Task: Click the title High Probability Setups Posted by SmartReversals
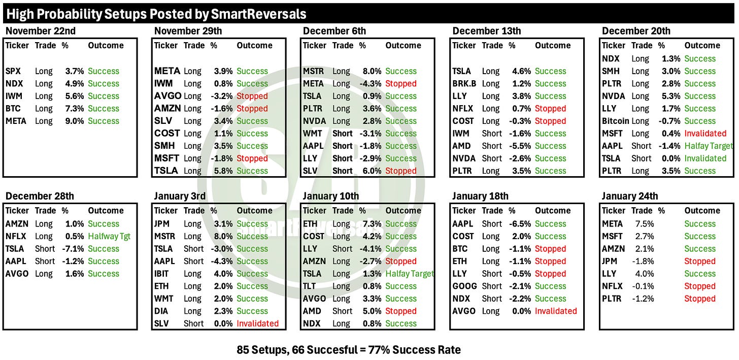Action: click(x=156, y=13)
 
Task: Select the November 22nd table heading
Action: click(x=41, y=31)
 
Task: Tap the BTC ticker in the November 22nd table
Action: click(x=13, y=109)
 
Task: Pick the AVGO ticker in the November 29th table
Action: click(x=167, y=96)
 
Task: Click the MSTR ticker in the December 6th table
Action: click(x=314, y=71)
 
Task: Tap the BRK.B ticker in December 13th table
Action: click(x=464, y=84)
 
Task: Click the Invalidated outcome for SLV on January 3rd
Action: click(x=257, y=323)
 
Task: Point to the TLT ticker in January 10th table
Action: click(x=310, y=286)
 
